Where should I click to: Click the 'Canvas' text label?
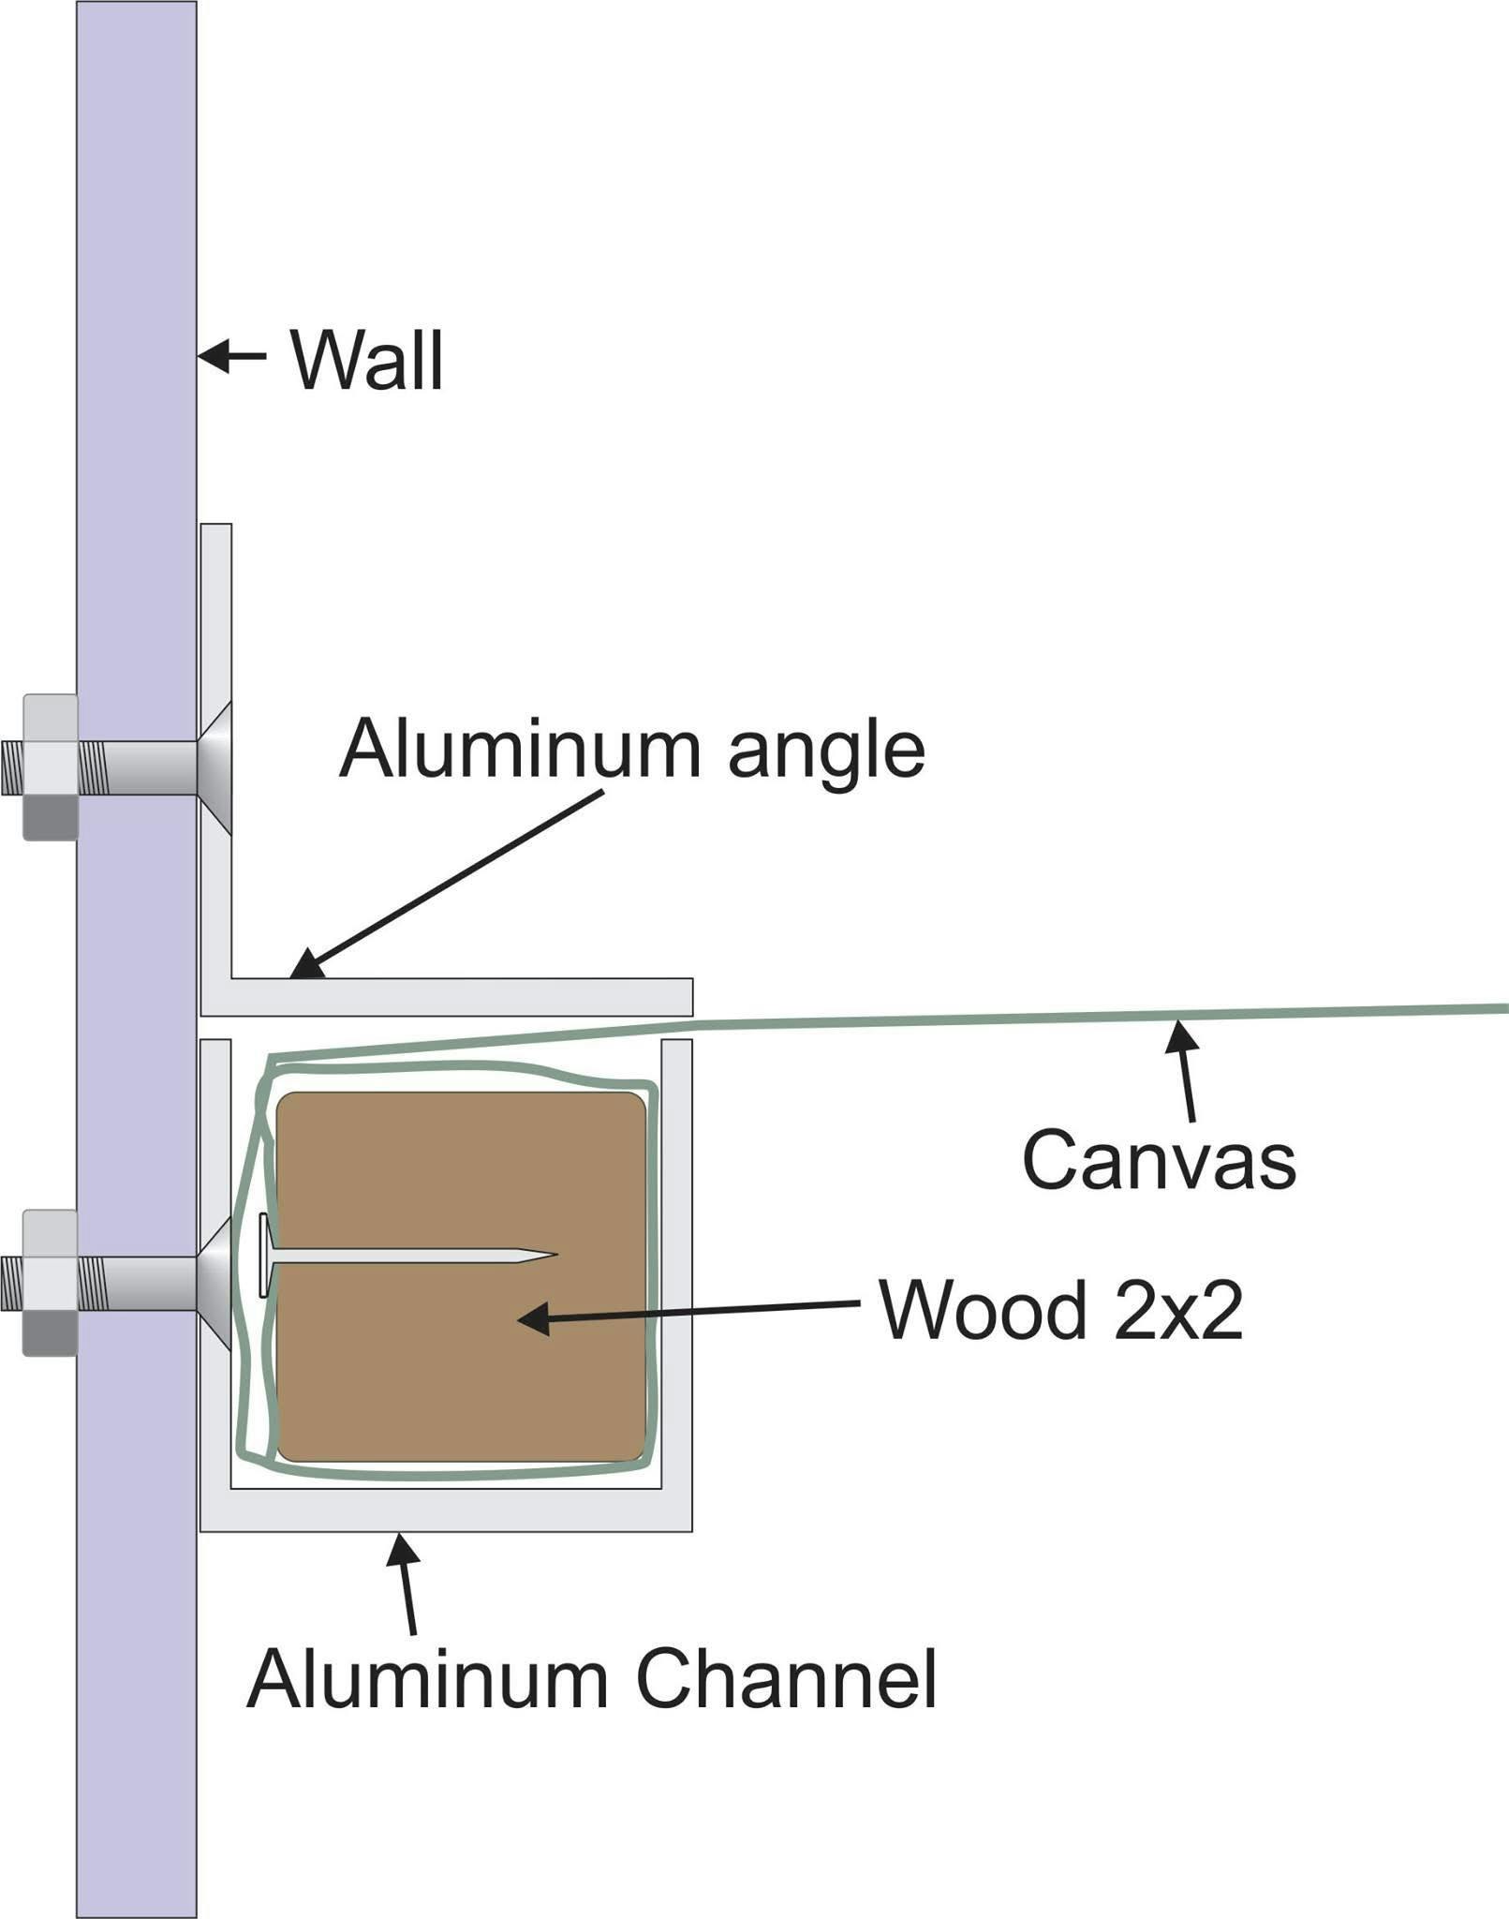[1159, 1160]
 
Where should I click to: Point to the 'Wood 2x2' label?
[1060, 1310]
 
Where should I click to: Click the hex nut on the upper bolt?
[50, 767]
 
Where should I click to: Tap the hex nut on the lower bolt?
[50, 1283]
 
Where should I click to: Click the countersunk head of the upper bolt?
[215, 767]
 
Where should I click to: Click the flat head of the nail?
[264, 1255]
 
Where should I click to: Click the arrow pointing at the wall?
[231, 355]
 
